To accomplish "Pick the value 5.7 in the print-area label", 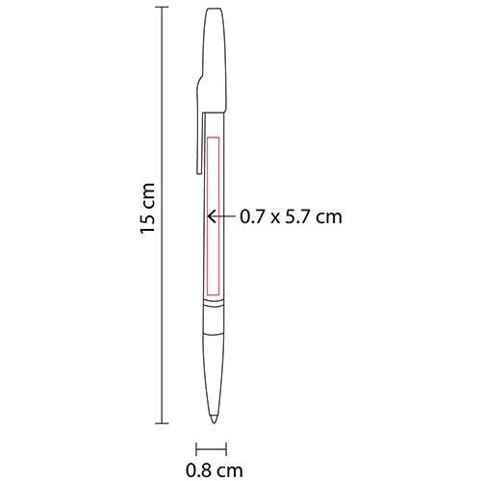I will [302, 217].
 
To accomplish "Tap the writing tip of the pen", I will [213, 421].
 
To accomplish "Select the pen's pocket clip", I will [198, 125].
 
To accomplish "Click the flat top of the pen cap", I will [214, 10].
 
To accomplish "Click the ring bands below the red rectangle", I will [213, 311].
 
